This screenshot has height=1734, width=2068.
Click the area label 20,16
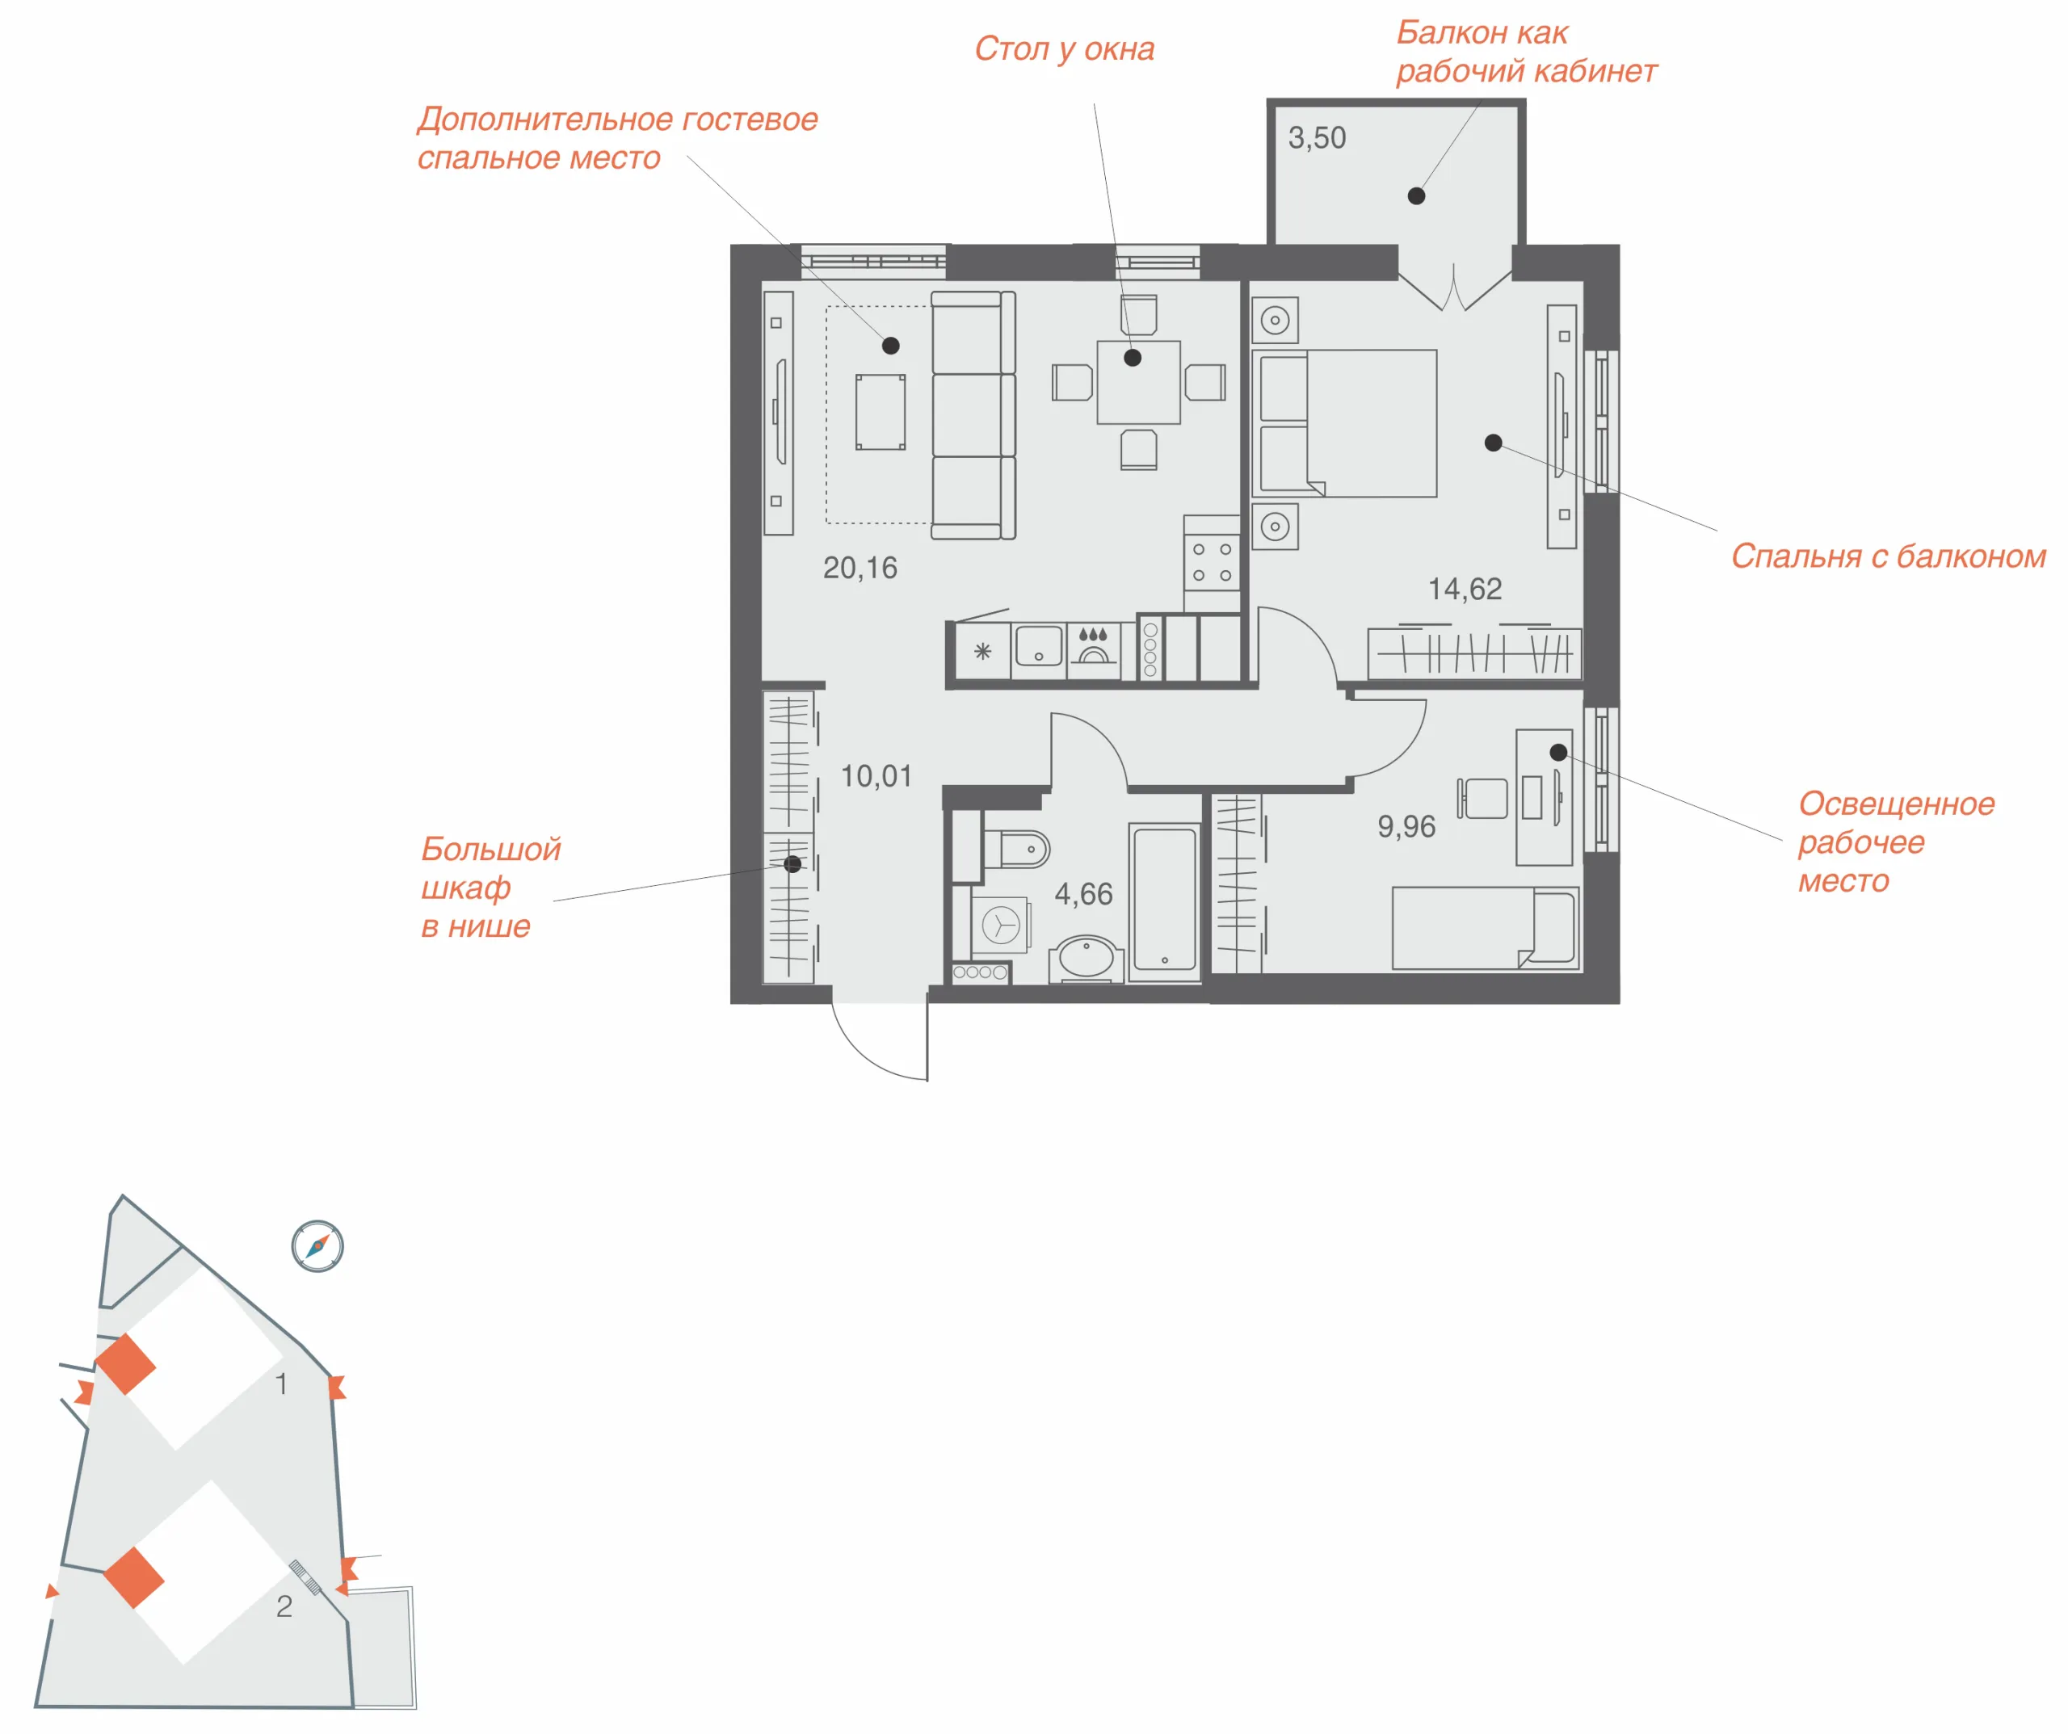tap(860, 568)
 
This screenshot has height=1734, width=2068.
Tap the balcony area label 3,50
tap(1317, 138)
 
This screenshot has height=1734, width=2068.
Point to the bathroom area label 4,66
tap(1083, 894)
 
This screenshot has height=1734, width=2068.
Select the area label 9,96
tap(1406, 827)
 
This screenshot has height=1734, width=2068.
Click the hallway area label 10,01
tap(876, 777)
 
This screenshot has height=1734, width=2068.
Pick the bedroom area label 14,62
tap(1465, 590)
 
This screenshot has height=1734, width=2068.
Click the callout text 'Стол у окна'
tap(1065, 49)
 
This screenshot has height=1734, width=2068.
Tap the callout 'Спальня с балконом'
tap(1889, 557)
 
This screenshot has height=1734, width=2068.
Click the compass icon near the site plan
tap(317, 1246)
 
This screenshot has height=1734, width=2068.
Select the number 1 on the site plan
tap(282, 1384)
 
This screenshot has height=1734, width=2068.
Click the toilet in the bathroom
tap(1016, 849)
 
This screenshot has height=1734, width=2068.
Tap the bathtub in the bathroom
tap(1165, 900)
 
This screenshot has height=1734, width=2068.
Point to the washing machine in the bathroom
tap(1001, 925)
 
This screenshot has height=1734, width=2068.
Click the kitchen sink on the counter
tap(1038, 647)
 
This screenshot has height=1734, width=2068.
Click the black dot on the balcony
tap(1416, 196)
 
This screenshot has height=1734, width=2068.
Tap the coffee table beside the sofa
tap(881, 412)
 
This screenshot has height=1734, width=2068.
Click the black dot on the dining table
tap(1133, 358)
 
